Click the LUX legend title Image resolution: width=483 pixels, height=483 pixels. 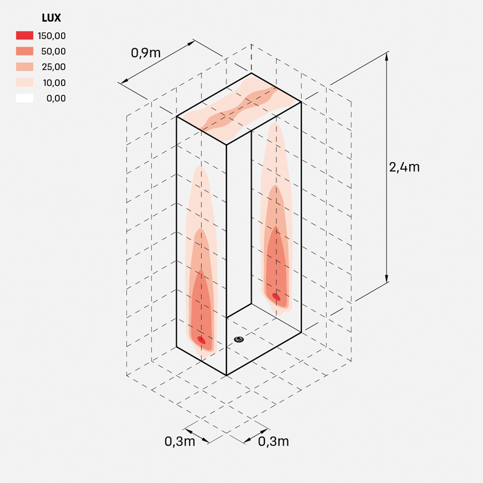click(x=51, y=18)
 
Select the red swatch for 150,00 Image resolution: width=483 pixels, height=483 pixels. click(x=25, y=36)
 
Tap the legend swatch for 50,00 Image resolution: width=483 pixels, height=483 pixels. click(x=25, y=51)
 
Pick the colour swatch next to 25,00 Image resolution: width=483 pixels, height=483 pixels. click(x=25, y=67)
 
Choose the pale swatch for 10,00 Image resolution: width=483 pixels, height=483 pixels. click(x=25, y=83)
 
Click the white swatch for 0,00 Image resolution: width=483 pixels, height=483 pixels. click(x=25, y=98)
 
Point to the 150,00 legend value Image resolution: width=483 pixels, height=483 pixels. click(x=52, y=36)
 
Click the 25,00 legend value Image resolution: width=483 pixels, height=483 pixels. click(x=54, y=67)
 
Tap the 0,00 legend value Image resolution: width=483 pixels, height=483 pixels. click(x=56, y=98)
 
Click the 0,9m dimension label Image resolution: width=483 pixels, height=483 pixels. click(x=146, y=53)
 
